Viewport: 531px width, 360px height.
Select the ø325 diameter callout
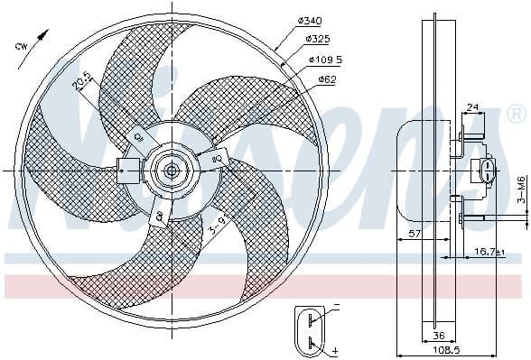(x=317, y=41)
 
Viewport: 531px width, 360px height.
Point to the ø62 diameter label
(x=327, y=79)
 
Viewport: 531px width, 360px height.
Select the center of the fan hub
(x=171, y=169)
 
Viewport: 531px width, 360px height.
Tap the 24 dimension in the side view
(x=472, y=108)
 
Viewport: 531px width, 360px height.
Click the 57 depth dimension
(x=413, y=234)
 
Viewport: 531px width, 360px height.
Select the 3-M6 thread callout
(x=521, y=192)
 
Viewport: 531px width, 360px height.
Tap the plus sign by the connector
(x=336, y=349)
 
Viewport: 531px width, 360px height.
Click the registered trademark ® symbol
(x=517, y=114)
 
